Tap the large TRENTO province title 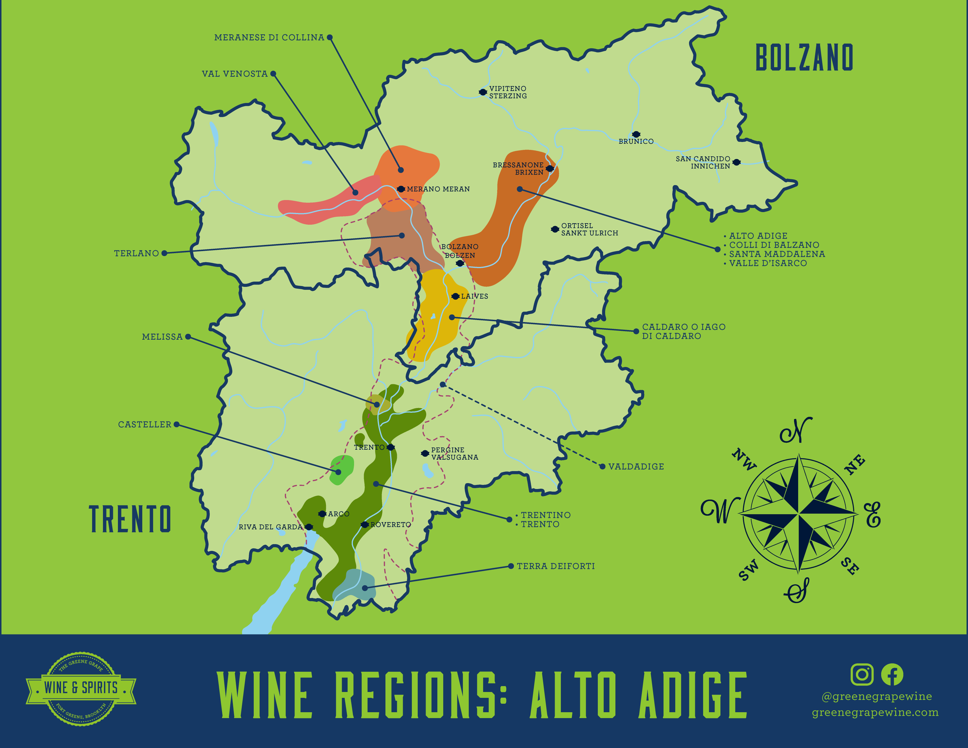[x=130, y=519]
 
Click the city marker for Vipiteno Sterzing [x=483, y=92]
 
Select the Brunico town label [x=636, y=141]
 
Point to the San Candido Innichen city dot [x=736, y=162]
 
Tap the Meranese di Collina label [x=269, y=38]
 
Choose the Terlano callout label [x=136, y=253]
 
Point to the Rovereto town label [x=390, y=525]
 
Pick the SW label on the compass [x=748, y=570]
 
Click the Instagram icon [x=862, y=674]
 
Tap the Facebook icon [x=892, y=674]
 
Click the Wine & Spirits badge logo [x=81, y=688]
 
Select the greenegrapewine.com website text [x=875, y=713]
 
